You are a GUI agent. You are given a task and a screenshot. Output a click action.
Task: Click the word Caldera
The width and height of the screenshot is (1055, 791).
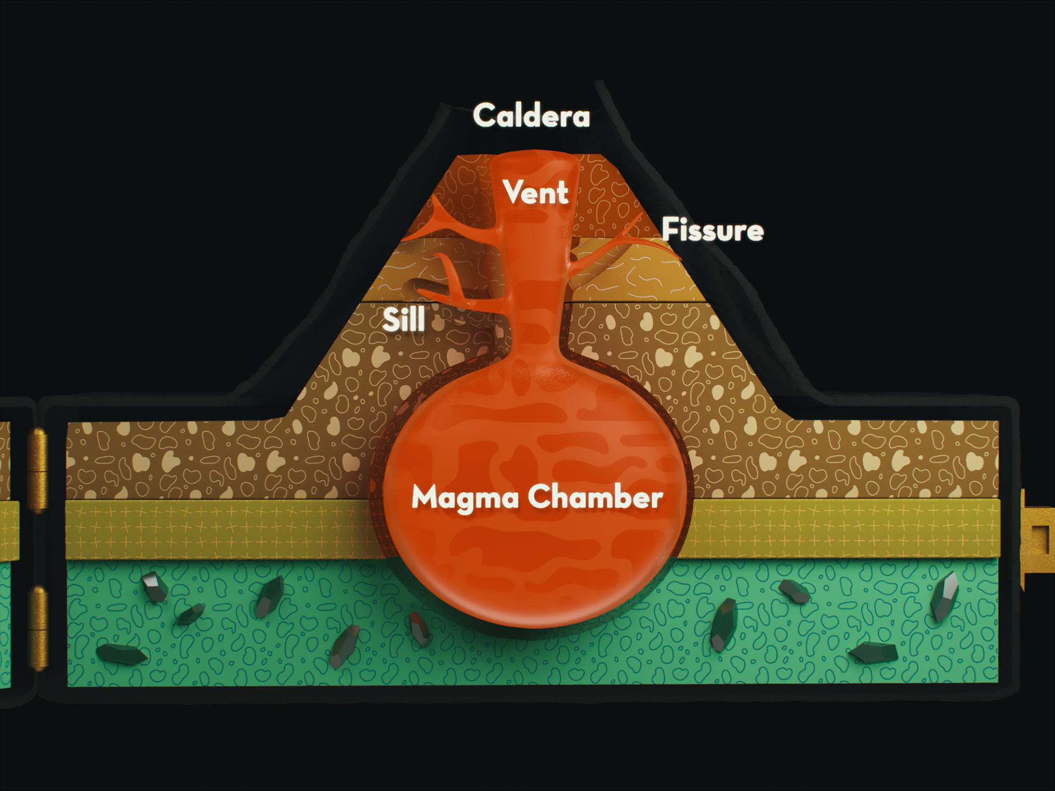531,115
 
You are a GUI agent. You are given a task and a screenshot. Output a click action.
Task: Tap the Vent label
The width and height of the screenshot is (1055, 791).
535,193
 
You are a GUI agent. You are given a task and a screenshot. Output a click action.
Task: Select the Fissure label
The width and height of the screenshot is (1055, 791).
713,230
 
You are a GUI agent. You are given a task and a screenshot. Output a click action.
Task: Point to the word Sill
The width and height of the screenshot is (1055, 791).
404,319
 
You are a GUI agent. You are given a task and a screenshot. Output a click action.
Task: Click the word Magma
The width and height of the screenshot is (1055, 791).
465,498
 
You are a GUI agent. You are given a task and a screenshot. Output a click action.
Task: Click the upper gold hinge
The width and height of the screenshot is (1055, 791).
38,470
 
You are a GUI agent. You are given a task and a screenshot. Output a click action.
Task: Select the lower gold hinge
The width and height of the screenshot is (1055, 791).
38,628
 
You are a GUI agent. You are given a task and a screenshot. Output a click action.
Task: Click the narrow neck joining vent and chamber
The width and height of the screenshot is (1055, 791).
536,335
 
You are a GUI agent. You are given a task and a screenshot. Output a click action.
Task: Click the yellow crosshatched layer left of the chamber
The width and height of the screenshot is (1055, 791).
220,529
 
